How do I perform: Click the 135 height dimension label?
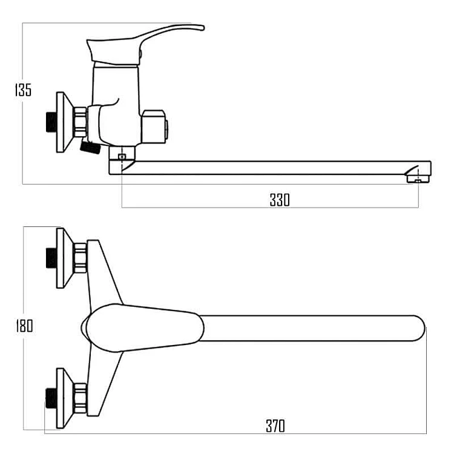click(x=23, y=90)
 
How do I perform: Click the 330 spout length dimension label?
click(x=280, y=200)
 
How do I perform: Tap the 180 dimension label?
click(x=24, y=326)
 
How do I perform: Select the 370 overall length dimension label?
click(x=275, y=426)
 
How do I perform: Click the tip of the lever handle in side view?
click(x=203, y=28)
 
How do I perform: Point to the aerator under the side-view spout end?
click(x=418, y=179)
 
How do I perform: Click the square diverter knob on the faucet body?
click(x=154, y=127)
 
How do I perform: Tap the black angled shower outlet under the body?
click(x=90, y=147)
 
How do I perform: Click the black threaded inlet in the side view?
click(x=51, y=122)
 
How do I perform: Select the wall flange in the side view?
click(x=65, y=122)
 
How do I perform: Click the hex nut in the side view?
click(x=80, y=122)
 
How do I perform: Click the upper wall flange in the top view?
click(x=65, y=258)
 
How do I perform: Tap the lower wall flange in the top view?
click(x=65, y=398)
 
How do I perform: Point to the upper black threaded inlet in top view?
click(x=51, y=258)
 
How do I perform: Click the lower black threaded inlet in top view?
click(x=51, y=398)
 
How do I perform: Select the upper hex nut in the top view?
click(x=80, y=258)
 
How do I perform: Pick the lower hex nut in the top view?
click(x=80, y=398)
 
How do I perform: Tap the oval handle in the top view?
click(x=142, y=327)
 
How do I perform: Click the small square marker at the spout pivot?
click(x=122, y=157)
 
